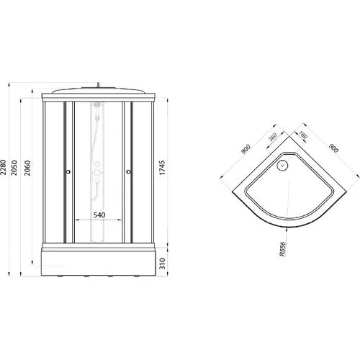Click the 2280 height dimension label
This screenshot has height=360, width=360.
click(x=4, y=168)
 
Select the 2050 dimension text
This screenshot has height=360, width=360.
click(x=14, y=168)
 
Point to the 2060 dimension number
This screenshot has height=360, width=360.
click(x=27, y=168)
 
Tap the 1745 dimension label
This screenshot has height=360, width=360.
click(x=163, y=168)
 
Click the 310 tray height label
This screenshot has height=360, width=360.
click(x=163, y=264)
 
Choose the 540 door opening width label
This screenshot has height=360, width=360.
click(x=99, y=215)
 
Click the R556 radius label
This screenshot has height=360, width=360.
click(x=284, y=249)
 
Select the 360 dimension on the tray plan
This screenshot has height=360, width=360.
click(x=273, y=137)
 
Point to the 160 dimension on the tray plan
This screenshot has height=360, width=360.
click(x=303, y=135)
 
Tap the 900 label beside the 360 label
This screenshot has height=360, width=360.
click(x=246, y=149)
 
